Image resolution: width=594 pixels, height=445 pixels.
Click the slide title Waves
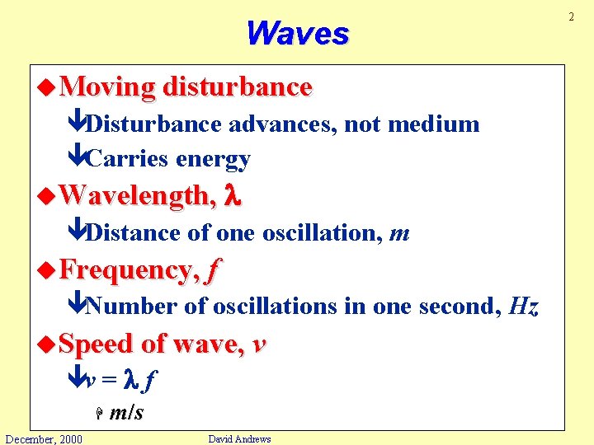(297, 33)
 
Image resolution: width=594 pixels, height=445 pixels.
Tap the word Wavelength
(135, 196)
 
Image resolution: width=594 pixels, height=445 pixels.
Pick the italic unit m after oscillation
(399, 234)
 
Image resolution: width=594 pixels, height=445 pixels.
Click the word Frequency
(129, 270)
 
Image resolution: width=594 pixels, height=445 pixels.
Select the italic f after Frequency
(214, 270)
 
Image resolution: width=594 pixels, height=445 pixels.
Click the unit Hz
(524, 307)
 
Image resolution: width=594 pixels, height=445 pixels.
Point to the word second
(457, 307)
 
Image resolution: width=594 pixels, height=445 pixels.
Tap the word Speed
(97, 344)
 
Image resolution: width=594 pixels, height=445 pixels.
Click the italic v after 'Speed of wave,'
(259, 344)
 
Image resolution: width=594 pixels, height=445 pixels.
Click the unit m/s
(125, 413)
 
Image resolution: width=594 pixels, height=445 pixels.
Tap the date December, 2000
(43, 438)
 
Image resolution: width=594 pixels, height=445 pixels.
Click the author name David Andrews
(239, 438)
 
